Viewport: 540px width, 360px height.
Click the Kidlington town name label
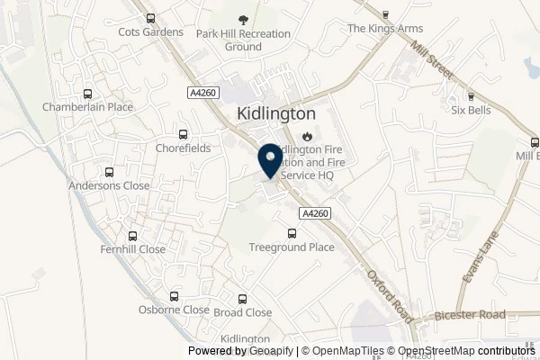(276, 113)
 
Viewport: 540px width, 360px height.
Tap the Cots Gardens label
(150, 32)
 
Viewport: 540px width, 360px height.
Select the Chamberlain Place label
(87, 107)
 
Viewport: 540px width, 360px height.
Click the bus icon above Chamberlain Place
(87, 93)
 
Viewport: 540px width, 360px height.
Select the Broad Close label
(242, 312)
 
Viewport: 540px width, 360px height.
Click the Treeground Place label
(291, 246)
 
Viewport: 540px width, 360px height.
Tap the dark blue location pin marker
(268, 160)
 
